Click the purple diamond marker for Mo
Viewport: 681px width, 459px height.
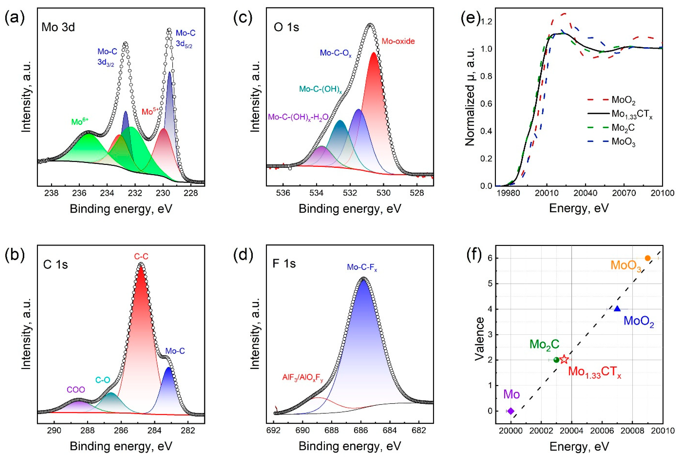click(x=511, y=411)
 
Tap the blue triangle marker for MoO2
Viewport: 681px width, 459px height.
click(x=617, y=309)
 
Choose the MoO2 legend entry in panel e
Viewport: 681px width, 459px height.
click(x=623, y=100)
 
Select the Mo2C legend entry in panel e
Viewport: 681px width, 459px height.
click(x=623, y=128)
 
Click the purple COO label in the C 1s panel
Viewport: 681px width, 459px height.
click(x=76, y=390)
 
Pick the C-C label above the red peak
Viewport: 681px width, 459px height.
click(x=141, y=256)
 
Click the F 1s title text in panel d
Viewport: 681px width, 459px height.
click(x=284, y=263)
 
